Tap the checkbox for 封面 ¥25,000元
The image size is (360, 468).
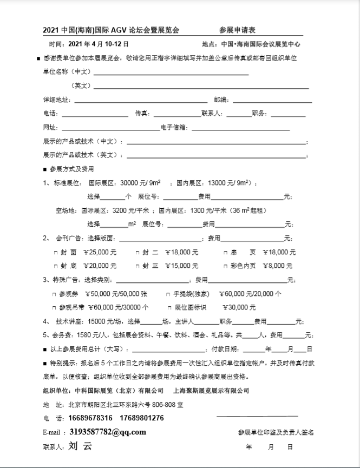(55, 252)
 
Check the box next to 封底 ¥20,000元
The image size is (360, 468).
(55, 266)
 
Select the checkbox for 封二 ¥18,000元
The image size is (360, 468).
(138, 252)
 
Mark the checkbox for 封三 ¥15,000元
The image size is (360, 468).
(138, 266)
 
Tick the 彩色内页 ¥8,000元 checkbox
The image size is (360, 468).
(225, 266)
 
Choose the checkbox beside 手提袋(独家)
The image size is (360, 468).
(168, 294)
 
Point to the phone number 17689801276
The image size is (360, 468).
(140, 418)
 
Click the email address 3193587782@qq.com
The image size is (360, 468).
(108, 432)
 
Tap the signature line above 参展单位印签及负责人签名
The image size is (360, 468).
(257, 416)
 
